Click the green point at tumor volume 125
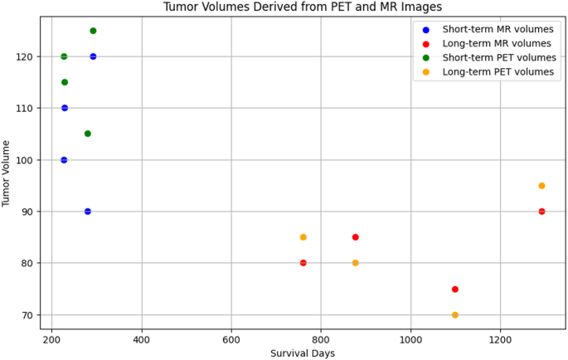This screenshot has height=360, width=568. (93, 31)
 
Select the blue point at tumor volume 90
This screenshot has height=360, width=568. (88, 212)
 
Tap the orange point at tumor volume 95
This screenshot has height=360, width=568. (541, 186)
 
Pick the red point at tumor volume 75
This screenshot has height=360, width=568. (455, 289)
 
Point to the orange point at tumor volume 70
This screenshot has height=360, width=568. (455, 315)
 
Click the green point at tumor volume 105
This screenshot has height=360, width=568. (88, 134)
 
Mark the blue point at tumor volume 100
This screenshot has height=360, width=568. (64, 160)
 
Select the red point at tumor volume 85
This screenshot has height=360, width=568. (355, 237)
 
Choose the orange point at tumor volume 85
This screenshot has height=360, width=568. (303, 237)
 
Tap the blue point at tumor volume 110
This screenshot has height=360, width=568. (65, 108)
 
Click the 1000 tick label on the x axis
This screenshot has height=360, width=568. (410, 339)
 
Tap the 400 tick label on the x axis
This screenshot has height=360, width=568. (142, 339)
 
